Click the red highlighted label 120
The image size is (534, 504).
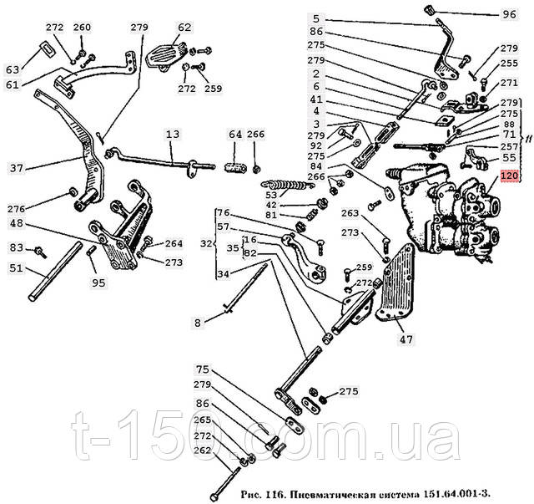coord(509,176)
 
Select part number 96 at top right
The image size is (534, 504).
coord(509,14)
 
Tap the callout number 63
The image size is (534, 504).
coord(13,70)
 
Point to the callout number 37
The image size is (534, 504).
coord(16,168)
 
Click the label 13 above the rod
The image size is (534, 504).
coord(173,134)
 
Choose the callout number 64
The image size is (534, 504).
coord(235,134)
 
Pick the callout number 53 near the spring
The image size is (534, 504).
coord(272,195)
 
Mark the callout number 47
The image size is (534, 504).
coord(406,339)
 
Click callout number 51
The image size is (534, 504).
coord(16,268)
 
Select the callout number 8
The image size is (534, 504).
coord(198,323)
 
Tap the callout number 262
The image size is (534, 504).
coord(203,451)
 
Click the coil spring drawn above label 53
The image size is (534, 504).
coord(288,185)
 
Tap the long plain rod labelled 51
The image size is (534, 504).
coord(55,272)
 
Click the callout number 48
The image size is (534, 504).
coord(16,223)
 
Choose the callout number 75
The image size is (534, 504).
coord(203,369)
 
